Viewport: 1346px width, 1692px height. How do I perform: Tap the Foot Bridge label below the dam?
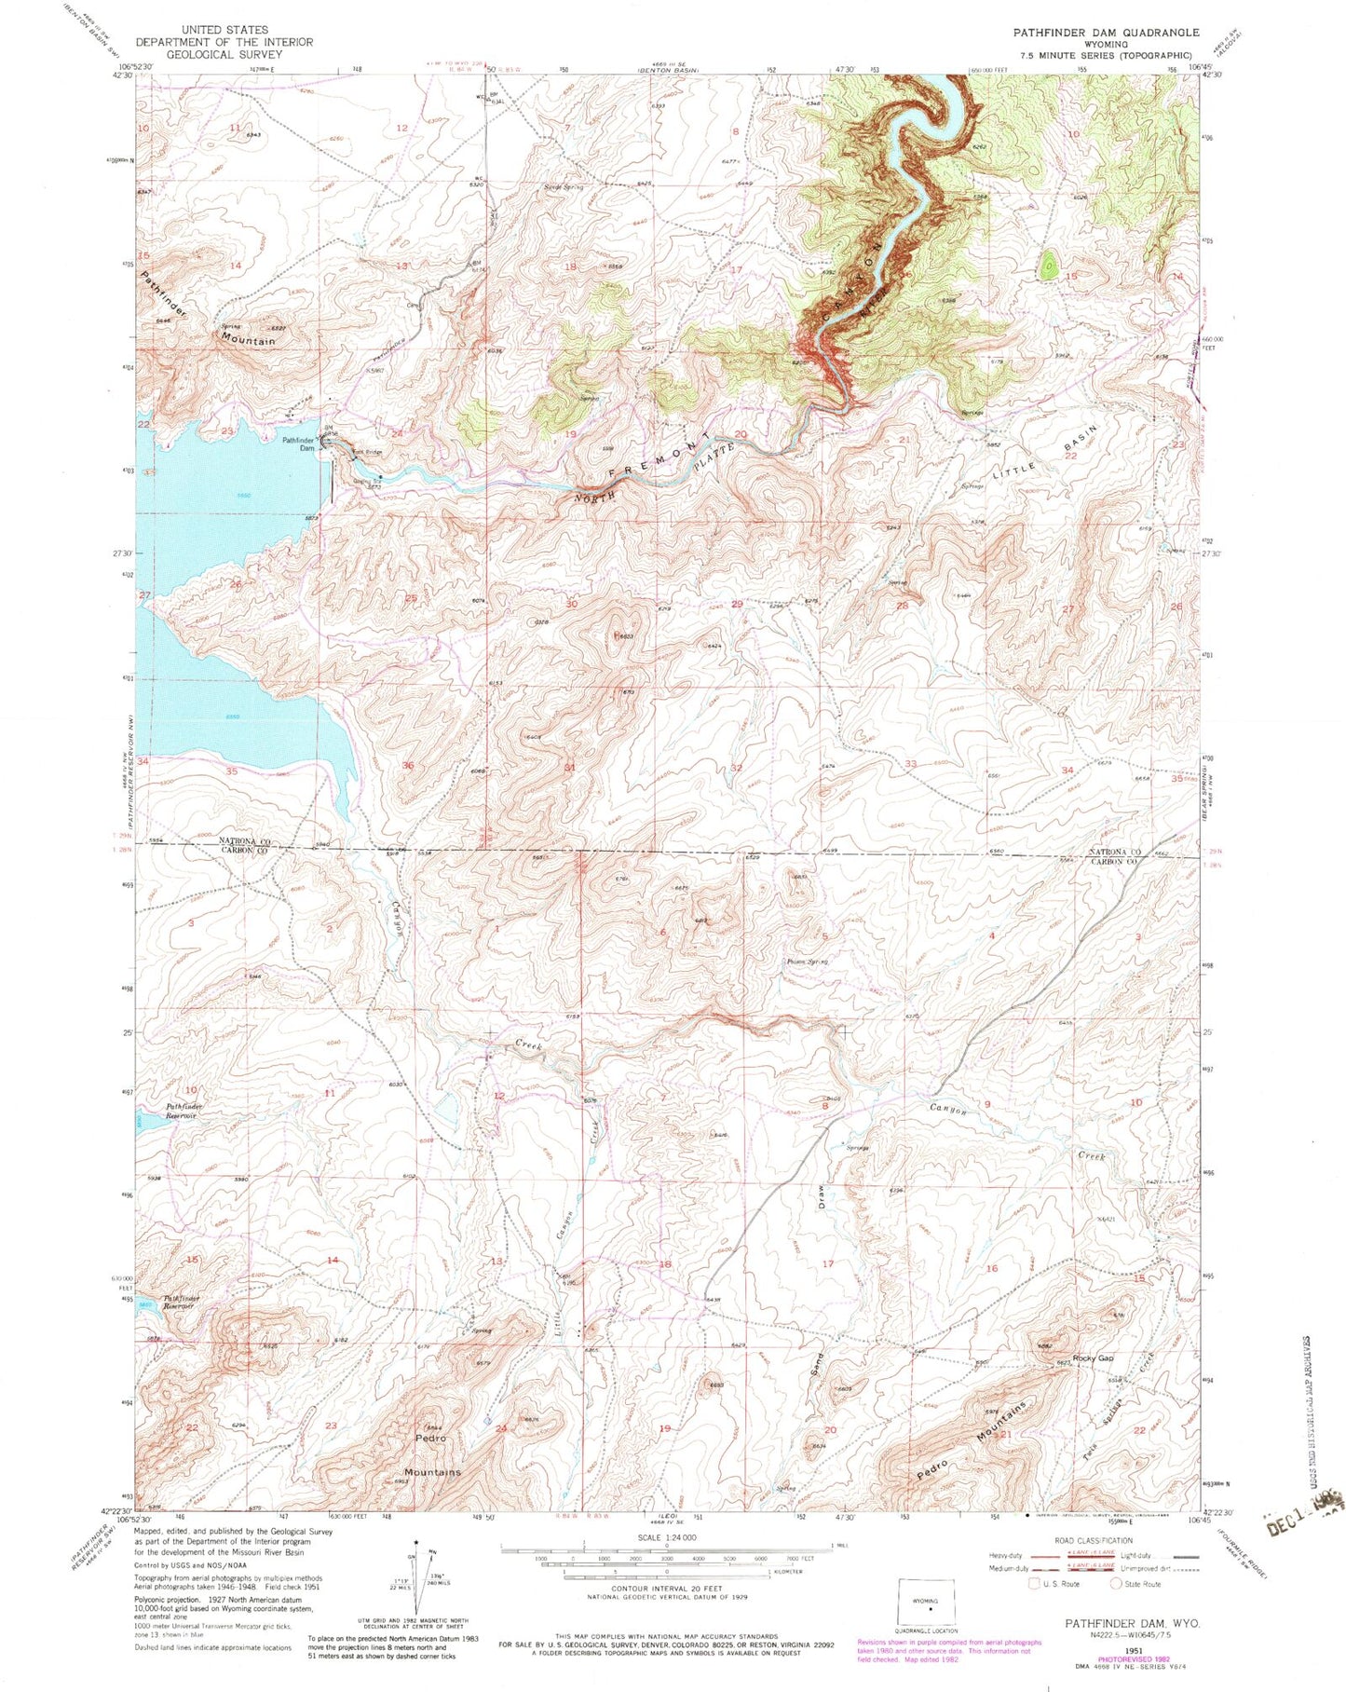[x=367, y=453]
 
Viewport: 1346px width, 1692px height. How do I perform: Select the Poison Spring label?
[x=807, y=962]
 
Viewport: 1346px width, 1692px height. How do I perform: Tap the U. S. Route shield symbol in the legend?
[x=1034, y=1583]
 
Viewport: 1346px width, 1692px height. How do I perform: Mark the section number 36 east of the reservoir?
[x=407, y=766]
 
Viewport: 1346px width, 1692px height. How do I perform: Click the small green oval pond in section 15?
[x=1049, y=266]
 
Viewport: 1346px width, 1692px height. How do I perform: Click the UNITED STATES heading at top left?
[x=224, y=31]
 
